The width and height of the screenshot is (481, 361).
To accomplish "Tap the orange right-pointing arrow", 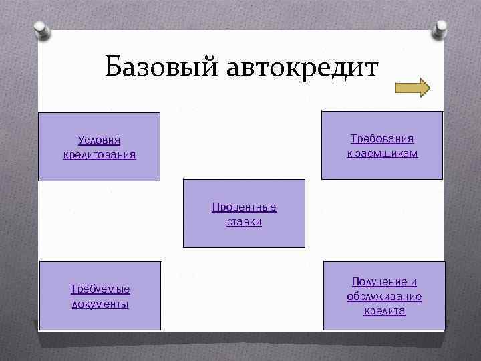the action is pyautogui.click(x=412, y=88).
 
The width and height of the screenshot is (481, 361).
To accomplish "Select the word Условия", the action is pyautogui.click(x=99, y=140).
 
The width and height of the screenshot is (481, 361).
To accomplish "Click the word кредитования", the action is pyautogui.click(x=99, y=155).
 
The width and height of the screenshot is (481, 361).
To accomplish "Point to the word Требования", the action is pyautogui.click(x=382, y=139).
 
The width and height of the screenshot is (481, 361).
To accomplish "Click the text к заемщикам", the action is pyautogui.click(x=382, y=154).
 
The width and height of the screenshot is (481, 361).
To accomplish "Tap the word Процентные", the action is pyautogui.click(x=244, y=207).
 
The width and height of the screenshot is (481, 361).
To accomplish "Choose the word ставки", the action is pyautogui.click(x=244, y=221).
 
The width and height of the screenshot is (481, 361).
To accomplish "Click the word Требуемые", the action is pyautogui.click(x=100, y=289).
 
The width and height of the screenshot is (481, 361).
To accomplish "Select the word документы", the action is pyautogui.click(x=100, y=304).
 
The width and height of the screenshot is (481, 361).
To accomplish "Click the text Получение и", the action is pyautogui.click(x=384, y=282).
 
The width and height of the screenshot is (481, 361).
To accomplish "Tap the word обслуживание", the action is pyautogui.click(x=384, y=297).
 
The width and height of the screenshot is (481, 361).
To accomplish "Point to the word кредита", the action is pyautogui.click(x=384, y=312).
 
